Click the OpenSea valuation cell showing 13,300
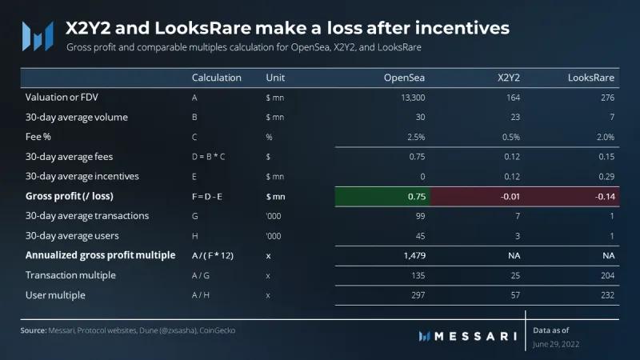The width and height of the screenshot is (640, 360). tap(409, 98)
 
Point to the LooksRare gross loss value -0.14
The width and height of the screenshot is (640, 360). tap(602, 196)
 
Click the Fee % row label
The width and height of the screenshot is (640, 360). tap(39, 137)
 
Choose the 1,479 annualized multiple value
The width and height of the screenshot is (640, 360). tap(411, 255)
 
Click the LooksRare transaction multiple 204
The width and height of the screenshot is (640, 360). tap(606, 275)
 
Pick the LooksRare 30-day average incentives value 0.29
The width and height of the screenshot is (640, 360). tap(606, 176)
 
